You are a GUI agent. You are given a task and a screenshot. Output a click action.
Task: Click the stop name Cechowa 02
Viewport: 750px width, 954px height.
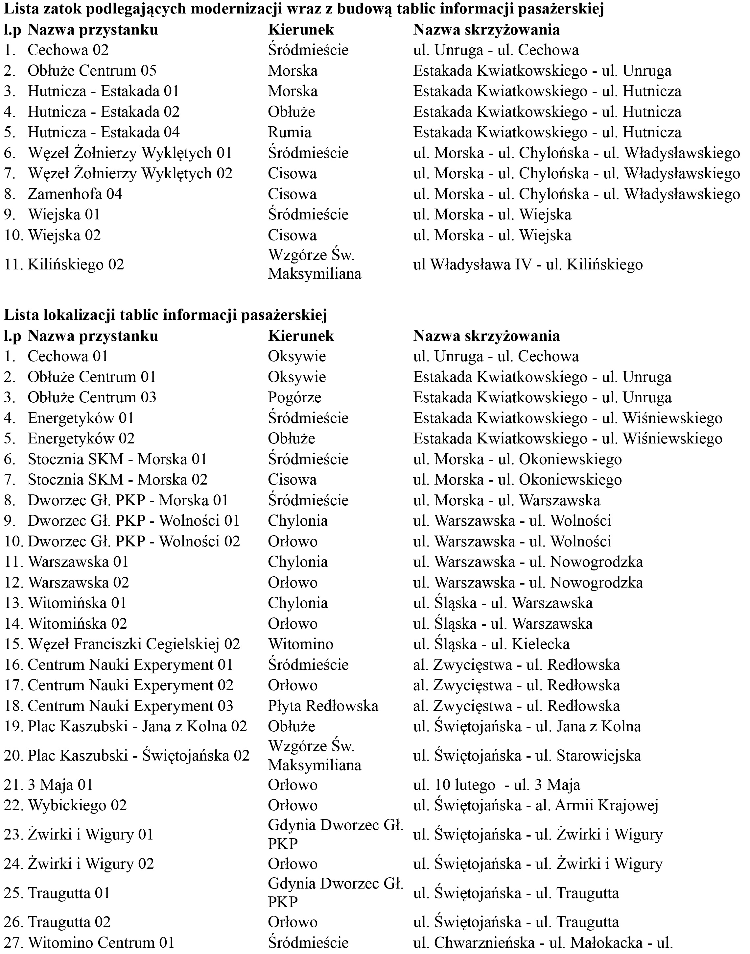pyautogui.click(x=68, y=50)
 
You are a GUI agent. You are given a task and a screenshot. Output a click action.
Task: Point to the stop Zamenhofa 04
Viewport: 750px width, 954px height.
pyautogui.click(x=75, y=194)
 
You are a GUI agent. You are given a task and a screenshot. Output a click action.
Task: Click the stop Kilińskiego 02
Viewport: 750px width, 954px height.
pyautogui.click(x=76, y=264)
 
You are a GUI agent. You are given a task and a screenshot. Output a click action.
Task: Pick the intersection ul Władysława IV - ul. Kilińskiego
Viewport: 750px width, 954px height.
pyautogui.click(x=528, y=264)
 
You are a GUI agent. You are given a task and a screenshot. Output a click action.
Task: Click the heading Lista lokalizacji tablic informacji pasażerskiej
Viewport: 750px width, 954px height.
pyautogui.click(x=166, y=315)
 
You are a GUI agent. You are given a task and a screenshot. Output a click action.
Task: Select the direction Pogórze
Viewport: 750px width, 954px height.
pyautogui.click(x=294, y=398)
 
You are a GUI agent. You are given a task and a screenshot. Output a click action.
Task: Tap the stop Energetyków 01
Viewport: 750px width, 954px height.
pyautogui.click(x=81, y=418)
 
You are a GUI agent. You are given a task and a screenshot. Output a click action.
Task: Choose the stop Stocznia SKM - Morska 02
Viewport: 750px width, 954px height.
pyautogui.click(x=117, y=479)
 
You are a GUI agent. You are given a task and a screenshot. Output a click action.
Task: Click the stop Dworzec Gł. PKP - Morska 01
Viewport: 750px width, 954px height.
pyautogui.click(x=128, y=500)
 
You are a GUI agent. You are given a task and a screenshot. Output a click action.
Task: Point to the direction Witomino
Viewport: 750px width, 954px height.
pyautogui.click(x=300, y=644)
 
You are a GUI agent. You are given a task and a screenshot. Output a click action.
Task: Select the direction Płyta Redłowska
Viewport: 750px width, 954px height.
pyautogui.click(x=323, y=706)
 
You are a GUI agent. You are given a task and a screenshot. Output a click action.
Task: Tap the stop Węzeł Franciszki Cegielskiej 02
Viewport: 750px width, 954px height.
pyautogui.click(x=134, y=644)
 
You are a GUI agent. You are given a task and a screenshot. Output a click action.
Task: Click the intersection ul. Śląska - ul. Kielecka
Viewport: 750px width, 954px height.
pyautogui.click(x=491, y=644)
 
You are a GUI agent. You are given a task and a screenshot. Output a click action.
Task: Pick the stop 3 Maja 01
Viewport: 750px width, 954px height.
pyautogui.click(x=60, y=785)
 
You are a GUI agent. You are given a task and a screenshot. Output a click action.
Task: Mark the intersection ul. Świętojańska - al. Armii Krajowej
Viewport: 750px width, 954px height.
pyautogui.click(x=535, y=806)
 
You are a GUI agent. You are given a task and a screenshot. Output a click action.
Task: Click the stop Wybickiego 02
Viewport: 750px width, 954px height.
pyautogui.click(x=77, y=806)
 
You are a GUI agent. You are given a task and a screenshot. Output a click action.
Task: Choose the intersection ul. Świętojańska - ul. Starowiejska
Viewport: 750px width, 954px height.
pyautogui.click(x=527, y=756)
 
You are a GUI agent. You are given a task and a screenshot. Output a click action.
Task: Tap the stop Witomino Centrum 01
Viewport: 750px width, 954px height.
pyautogui.click(x=101, y=942)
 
